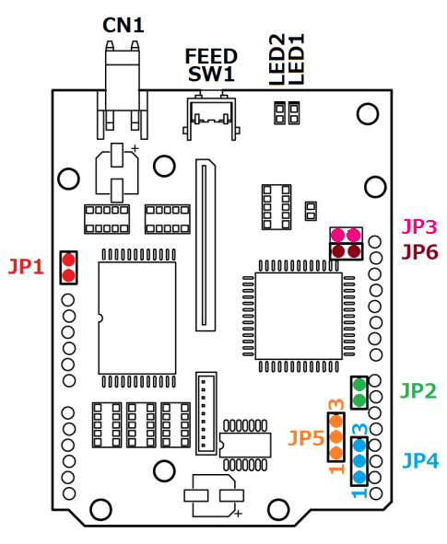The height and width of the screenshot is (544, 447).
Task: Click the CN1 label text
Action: (x=124, y=26)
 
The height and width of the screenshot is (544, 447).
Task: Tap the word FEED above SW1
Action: (x=211, y=56)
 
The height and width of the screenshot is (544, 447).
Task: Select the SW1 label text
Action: (x=211, y=74)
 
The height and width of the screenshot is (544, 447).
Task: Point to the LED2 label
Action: (x=277, y=59)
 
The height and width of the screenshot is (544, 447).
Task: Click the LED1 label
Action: (x=296, y=59)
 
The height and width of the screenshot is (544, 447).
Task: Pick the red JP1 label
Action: (x=26, y=266)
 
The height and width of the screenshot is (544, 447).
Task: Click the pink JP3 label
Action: (x=419, y=226)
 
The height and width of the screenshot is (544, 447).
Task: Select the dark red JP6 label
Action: (x=419, y=252)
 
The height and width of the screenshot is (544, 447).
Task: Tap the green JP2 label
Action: (x=418, y=391)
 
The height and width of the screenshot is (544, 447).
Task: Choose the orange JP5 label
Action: (x=306, y=438)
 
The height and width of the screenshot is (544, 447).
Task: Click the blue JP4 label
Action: (x=420, y=461)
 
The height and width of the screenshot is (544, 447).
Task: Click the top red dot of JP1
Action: (x=68, y=260)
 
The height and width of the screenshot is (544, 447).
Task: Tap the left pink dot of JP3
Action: (x=337, y=235)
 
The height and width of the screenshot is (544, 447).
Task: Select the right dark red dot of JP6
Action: (x=354, y=251)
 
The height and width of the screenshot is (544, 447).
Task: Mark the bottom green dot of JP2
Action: (x=359, y=400)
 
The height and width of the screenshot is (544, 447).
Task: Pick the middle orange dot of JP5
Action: (x=335, y=437)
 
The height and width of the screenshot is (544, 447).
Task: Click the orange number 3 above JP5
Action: (x=336, y=404)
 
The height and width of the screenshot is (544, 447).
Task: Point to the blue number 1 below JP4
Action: (x=359, y=492)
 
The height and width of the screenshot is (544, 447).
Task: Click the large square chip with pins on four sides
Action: (x=299, y=316)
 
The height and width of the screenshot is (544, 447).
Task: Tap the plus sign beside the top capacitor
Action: (x=135, y=148)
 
